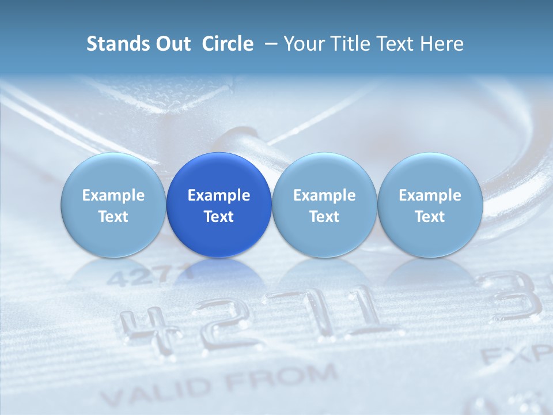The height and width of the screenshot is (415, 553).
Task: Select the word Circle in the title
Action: point(228,44)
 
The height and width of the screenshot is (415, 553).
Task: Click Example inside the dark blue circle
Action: point(219,195)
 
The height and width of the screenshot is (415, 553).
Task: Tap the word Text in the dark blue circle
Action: point(219,217)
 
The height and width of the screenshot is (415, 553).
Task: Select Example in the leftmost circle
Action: point(113,195)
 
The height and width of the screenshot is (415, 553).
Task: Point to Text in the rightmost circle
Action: point(430,217)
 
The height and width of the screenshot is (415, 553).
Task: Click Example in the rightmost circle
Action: point(430,195)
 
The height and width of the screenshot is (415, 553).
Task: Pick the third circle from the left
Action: point(324,205)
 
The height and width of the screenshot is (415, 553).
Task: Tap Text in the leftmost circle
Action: point(113,217)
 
